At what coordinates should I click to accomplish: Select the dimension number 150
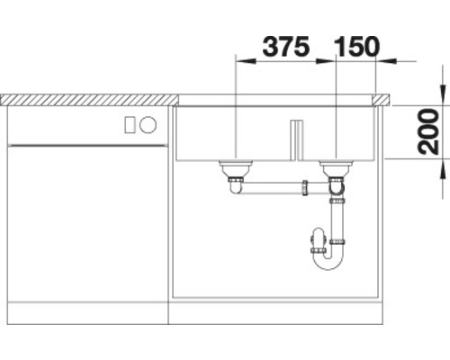tap(357, 45)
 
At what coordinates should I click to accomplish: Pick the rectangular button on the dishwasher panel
tap(130, 124)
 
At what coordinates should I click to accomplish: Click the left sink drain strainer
tap(235, 166)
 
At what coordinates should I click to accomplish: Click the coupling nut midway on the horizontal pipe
tap(305, 188)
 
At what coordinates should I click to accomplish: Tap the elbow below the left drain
tap(236, 185)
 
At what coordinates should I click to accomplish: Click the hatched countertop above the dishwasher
tap(90, 94)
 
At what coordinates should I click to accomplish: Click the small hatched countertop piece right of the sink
tap(382, 94)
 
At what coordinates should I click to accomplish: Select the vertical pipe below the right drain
tap(337, 216)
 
